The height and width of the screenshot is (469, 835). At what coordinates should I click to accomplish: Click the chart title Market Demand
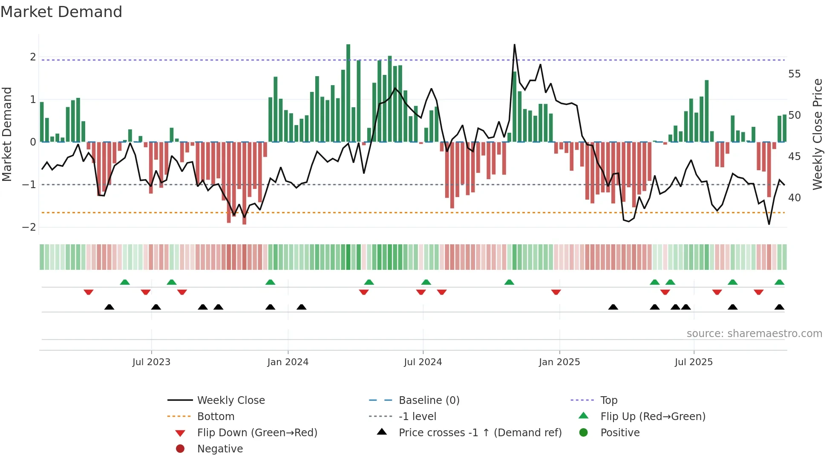coord(61,12)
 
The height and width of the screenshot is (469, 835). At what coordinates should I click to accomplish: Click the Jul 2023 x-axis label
coord(151,362)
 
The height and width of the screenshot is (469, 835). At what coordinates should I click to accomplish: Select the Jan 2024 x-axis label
coord(288,362)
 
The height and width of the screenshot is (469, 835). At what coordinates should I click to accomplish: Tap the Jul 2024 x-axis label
coord(423,362)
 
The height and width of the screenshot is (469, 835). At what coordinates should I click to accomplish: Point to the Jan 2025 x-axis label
coord(559,362)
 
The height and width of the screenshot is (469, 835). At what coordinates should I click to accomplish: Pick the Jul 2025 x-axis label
coord(694,362)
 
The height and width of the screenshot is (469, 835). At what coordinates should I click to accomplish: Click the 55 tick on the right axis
coord(794,74)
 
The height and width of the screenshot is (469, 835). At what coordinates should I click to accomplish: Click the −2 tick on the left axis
coord(29,227)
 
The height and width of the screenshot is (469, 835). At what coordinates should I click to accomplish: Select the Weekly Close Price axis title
coord(817,134)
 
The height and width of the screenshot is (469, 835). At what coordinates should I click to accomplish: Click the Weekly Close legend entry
coord(230,400)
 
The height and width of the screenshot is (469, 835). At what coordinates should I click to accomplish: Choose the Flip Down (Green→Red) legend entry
coord(257,433)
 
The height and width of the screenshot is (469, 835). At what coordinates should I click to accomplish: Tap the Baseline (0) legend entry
coord(429,400)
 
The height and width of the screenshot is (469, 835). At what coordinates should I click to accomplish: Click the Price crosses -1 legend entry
coord(480,433)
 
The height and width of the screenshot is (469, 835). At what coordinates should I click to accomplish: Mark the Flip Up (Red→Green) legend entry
coord(653,417)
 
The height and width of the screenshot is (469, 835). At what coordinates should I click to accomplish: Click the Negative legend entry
coord(220,449)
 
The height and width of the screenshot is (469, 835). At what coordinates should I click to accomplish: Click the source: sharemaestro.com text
coord(754,334)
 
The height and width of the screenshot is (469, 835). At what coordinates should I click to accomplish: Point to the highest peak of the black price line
coord(515,45)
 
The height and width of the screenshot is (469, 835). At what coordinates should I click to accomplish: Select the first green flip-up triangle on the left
coord(125,282)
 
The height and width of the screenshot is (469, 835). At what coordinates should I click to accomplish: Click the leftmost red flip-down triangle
coord(89,292)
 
